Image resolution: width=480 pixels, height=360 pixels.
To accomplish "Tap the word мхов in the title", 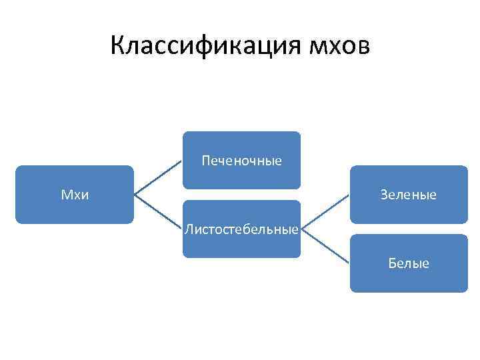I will [x=339, y=46].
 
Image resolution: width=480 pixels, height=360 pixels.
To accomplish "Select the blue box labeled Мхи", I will [x=75, y=195].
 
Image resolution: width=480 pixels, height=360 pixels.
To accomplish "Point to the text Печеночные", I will [x=241, y=161].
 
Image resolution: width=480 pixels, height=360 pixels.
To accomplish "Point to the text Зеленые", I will [x=409, y=195].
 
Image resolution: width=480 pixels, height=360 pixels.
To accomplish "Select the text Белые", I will [x=409, y=263].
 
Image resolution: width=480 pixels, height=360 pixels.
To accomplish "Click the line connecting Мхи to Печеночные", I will [x=158, y=177].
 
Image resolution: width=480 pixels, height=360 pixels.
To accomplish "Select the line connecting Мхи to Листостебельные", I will [x=158, y=212].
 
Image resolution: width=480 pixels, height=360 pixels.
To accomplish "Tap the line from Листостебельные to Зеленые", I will [x=325, y=212].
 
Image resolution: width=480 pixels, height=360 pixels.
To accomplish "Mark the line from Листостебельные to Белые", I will [x=325, y=246].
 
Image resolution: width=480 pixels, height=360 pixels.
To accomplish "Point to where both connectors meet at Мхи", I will [x=134, y=195].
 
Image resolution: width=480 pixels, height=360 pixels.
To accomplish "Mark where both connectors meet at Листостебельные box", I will [x=301, y=229].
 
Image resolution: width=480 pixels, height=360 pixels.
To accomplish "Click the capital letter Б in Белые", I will [x=392, y=263].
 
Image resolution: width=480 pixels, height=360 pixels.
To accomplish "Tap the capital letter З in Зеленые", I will [x=384, y=195].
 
